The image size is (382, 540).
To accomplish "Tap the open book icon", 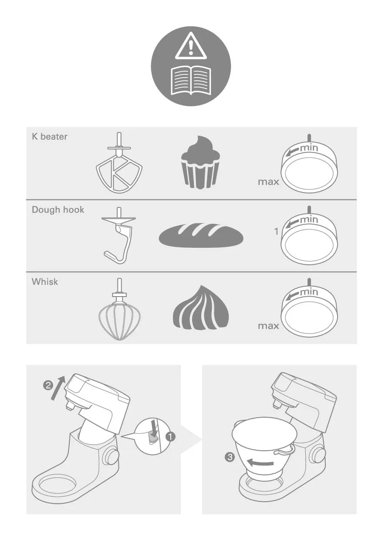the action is point(191,81).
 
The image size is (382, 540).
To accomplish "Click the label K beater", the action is point(50,136).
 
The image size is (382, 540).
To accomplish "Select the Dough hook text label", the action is point(58,209).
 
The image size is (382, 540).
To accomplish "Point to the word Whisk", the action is point(45,282).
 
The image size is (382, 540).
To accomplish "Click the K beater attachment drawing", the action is point(119,163).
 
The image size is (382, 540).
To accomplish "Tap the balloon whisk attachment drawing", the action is point(119,309).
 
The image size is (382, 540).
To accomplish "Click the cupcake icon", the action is point(201,162).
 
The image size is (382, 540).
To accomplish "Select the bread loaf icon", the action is point(201,235).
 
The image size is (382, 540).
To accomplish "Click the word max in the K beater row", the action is point(268,182).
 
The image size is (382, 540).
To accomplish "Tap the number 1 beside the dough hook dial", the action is point(276,232).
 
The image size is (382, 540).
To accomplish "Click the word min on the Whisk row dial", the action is point(309,292).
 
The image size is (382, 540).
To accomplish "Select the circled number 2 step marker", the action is point(48,385).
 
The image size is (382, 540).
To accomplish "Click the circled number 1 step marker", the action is point(170,437).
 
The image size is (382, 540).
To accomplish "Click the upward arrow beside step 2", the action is point(58,388).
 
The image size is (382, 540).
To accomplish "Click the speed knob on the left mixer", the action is point(111,456).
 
